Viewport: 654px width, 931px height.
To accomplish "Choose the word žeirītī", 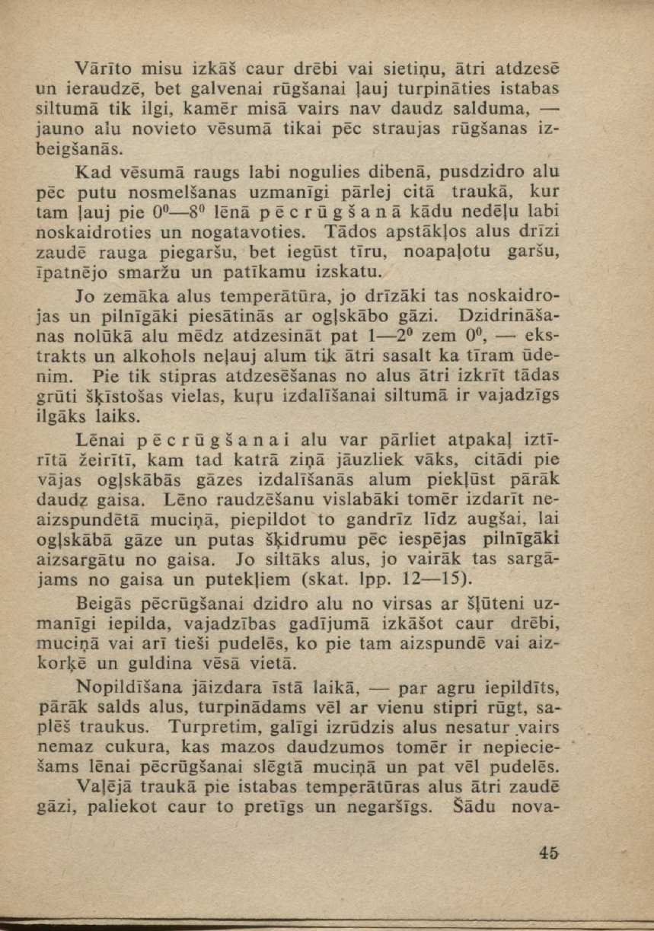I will [110, 460].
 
